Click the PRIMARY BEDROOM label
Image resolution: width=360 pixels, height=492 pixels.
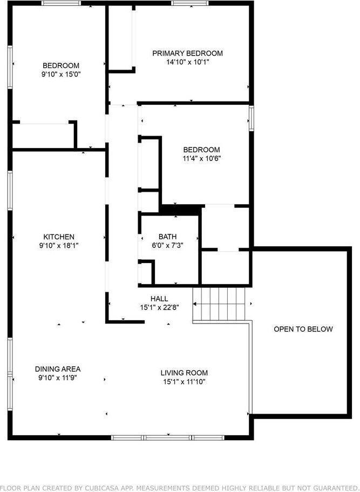[187, 53]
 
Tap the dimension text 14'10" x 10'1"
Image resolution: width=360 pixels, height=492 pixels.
[187, 62]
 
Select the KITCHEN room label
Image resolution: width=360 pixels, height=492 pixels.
[59, 237]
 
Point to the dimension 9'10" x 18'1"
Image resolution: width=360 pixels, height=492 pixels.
[59, 246]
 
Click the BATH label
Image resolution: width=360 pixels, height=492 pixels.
[167, 237]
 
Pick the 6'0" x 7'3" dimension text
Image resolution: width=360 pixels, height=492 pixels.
[167, 246]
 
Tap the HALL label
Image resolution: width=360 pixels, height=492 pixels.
[159, 298]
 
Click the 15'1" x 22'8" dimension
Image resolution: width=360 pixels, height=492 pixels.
[159, 307]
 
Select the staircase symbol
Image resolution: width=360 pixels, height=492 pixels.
[221, 304]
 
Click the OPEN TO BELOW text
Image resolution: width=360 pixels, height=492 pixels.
[303, 329]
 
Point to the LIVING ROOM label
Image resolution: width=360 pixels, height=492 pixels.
[184, 373]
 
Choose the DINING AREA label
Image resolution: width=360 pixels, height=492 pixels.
[58, 369]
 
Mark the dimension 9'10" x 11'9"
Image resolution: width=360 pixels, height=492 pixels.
[58, 378]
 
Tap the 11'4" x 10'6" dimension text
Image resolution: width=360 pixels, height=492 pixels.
[201, 159]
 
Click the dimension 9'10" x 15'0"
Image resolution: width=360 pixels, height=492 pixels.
[61, 75]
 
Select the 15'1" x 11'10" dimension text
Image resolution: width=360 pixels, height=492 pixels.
[184, 382]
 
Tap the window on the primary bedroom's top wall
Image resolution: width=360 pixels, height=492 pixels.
[189, 4]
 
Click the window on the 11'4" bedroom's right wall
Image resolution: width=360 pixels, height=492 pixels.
[251, 118]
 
